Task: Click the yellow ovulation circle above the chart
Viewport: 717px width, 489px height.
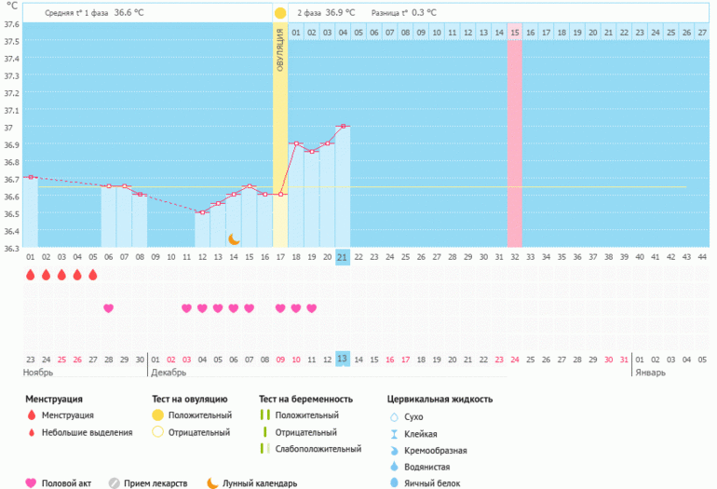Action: [x=280, y=14]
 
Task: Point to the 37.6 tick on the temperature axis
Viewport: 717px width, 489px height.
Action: [x=10, y=24]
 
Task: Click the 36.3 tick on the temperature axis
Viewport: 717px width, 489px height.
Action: [x=10, y=249]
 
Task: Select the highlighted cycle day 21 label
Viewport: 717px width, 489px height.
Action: [x=343, y=257]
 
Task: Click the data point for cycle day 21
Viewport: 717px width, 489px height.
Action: [x=343, y=126]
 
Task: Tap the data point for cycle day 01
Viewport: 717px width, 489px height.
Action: [x=30, y=177]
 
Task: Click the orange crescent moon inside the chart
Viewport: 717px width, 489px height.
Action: [x=234, y=239]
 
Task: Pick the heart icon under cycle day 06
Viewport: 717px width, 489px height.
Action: [x=108, y=308]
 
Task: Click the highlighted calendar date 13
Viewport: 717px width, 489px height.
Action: [x=343, y=359]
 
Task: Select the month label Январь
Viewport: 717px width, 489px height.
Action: [x=651, y=373]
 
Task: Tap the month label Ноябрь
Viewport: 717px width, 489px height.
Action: [x=38, y=373]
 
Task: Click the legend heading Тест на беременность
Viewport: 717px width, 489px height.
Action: [x=305, y=399]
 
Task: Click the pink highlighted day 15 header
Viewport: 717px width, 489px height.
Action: [x=514, y=34]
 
